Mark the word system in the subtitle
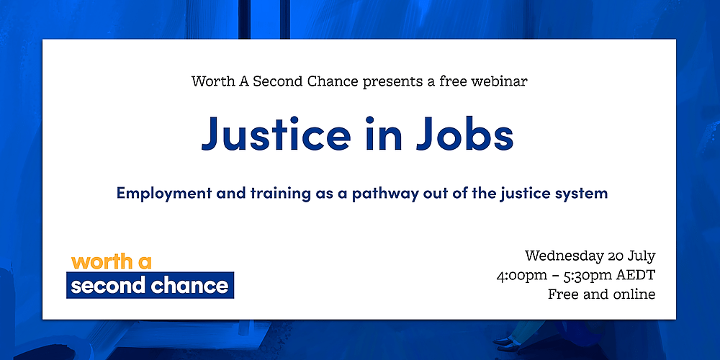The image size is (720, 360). pyautogui.click(x=582, y=194)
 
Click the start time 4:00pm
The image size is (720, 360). pyautogui.click(x=523, y=275)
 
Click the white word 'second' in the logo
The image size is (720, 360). pyautogui.click(x=107, y=286)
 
